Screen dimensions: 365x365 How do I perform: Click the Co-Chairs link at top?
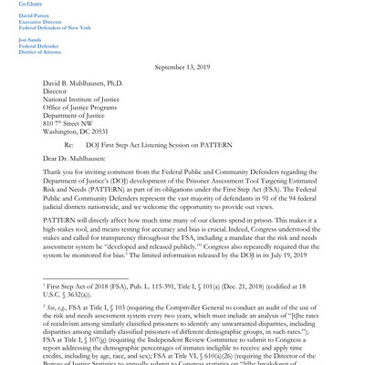30,4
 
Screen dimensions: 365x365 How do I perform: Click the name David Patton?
36,15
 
